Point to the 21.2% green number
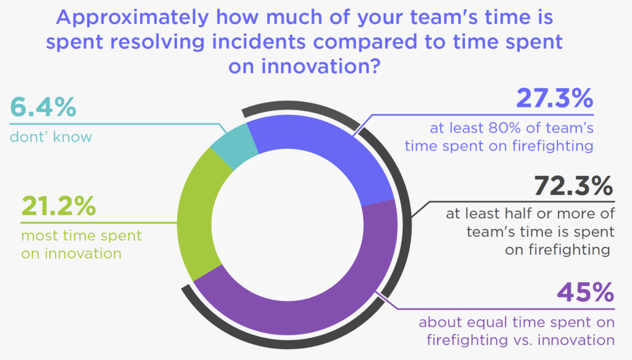(x=59, y=207)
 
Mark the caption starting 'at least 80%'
(x=512, y=137)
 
